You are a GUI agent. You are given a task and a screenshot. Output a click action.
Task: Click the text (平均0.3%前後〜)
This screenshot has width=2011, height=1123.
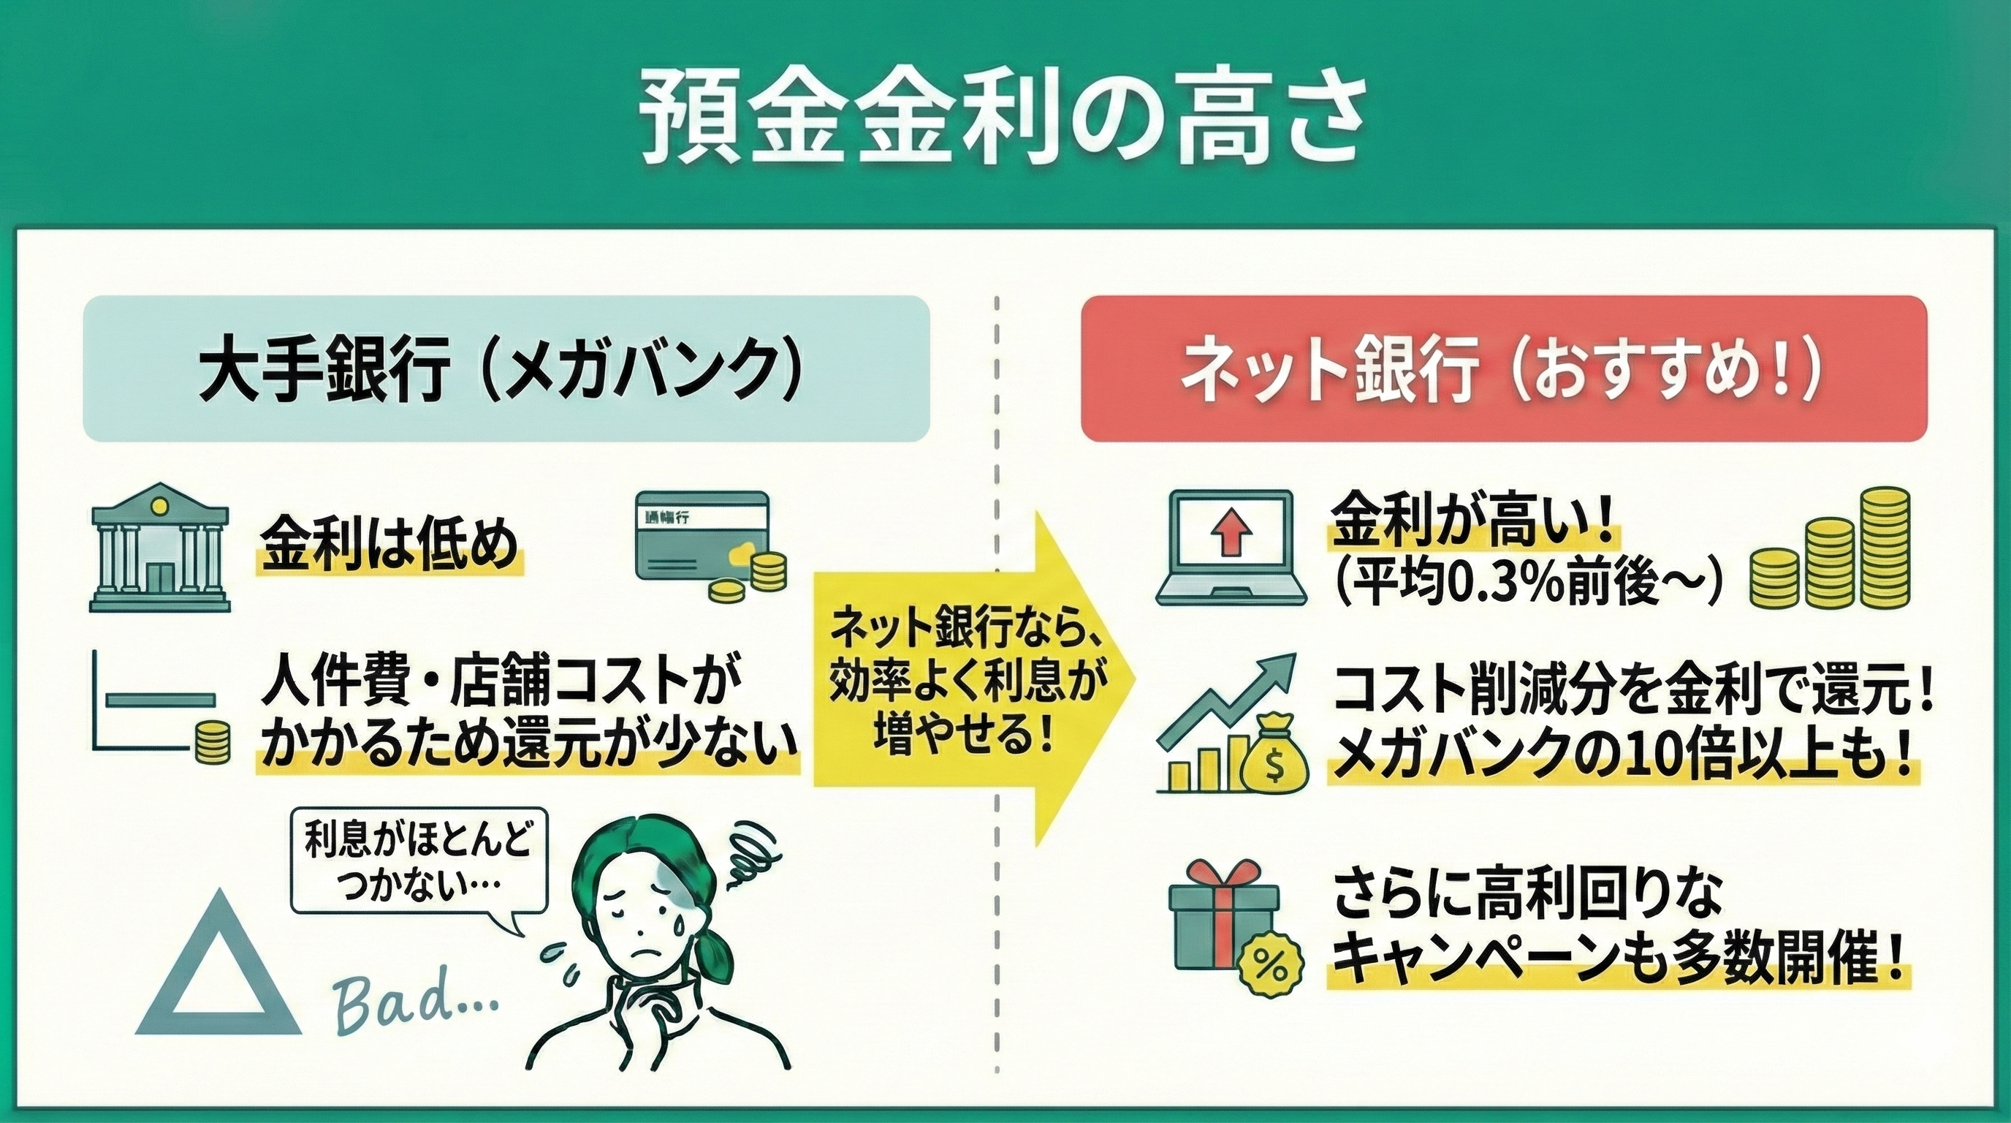[x=1526, y=581]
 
